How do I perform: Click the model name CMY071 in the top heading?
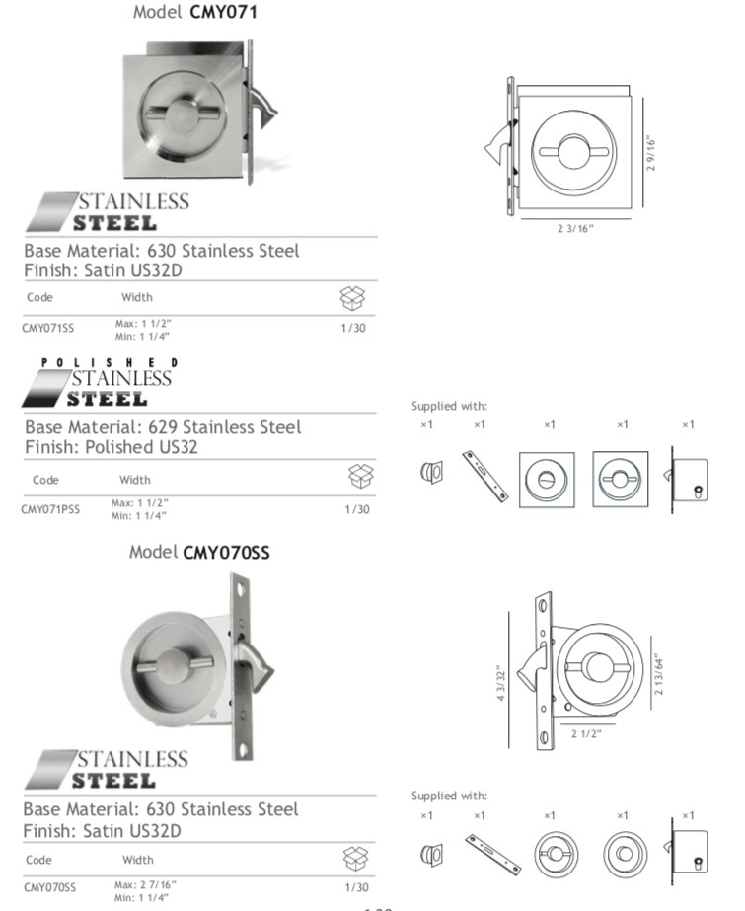(224, 12)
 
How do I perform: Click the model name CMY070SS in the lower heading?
(226, 552)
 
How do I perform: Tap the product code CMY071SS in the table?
(45, 329)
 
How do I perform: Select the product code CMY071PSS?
(50, 509)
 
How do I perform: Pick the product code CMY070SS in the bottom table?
(49, 888)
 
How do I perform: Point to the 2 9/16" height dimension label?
(651, 153)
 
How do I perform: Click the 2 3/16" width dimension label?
(575, 229)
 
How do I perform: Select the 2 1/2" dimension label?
(586, 733)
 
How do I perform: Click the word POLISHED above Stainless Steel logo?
(111, 363)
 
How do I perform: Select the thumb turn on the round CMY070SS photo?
(180, 668)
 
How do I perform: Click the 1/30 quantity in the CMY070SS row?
(357, 888)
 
